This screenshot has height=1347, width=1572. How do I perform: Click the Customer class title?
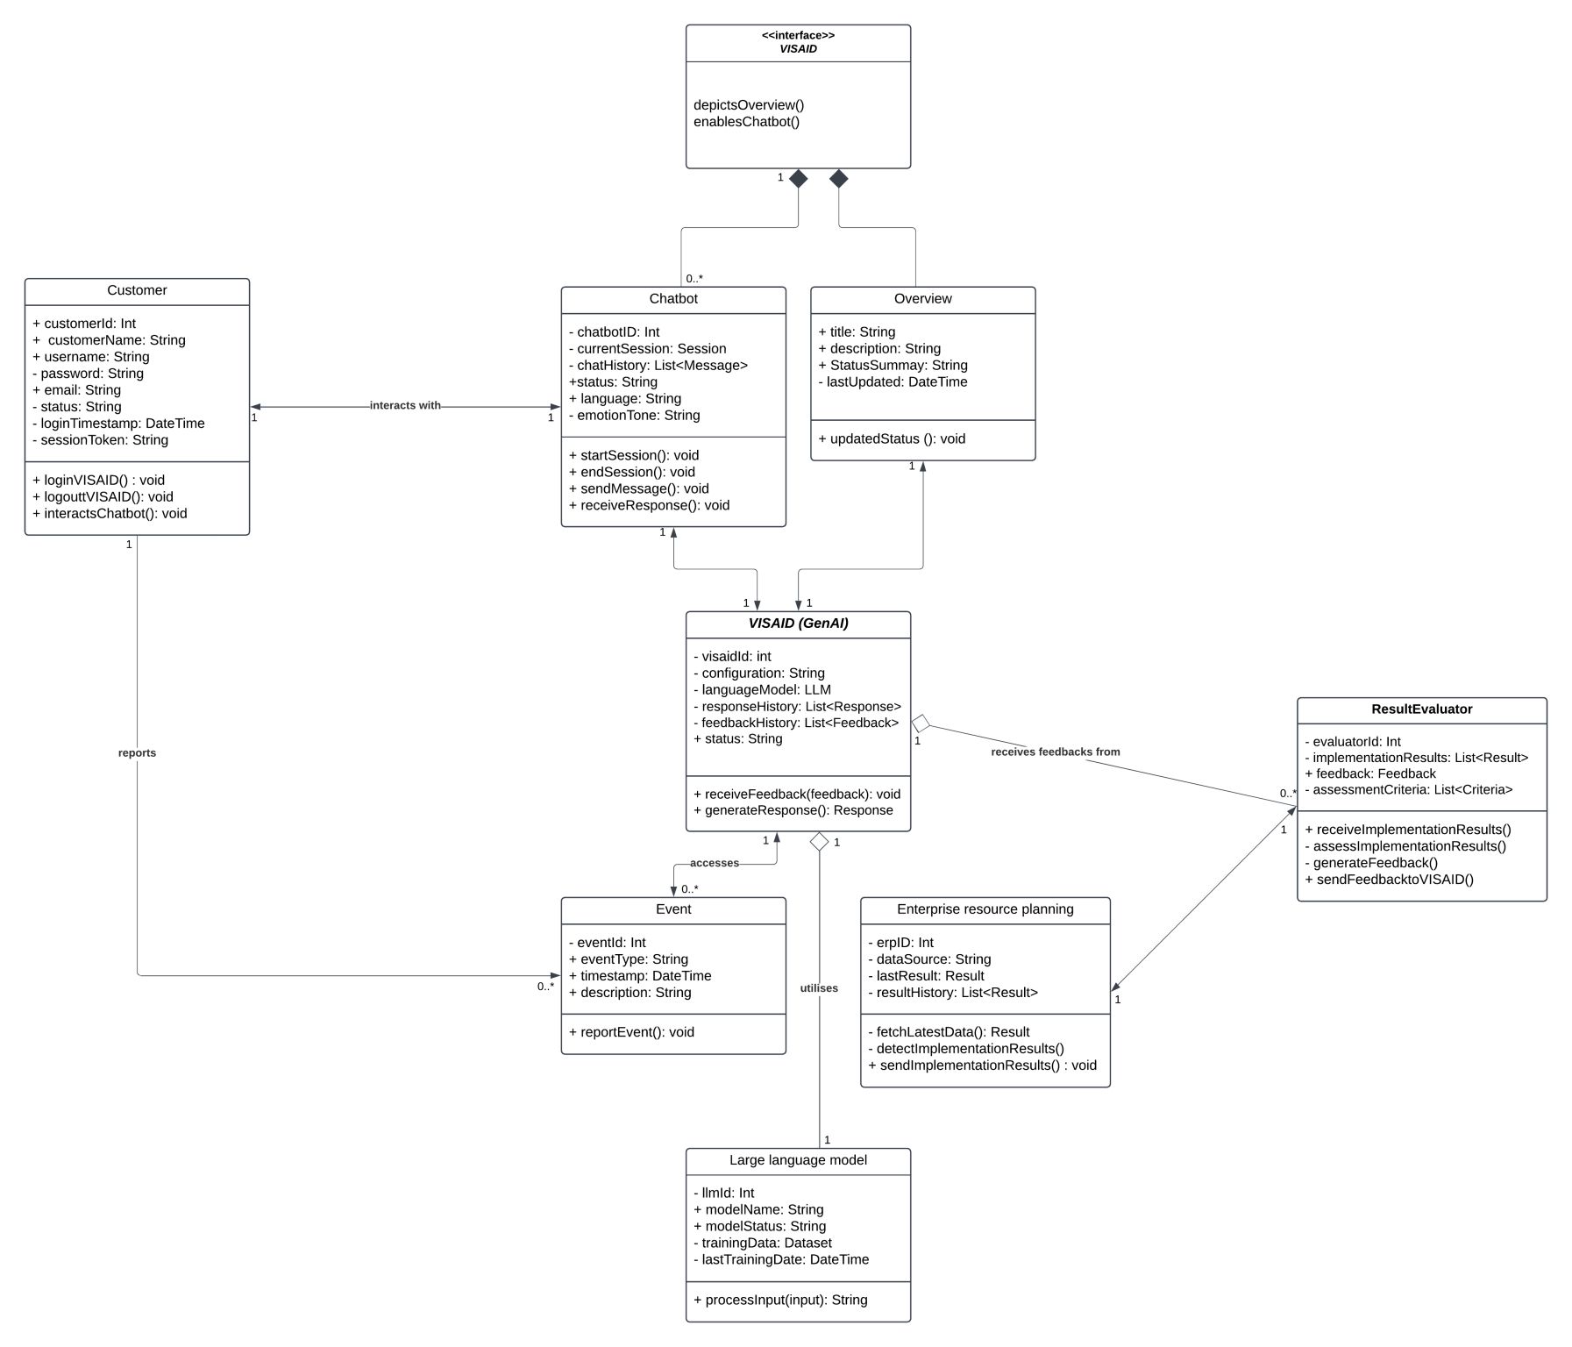coord(137,290)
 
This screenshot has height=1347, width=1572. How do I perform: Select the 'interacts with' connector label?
coord(405,405)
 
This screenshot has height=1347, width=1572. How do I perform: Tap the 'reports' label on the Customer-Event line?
coord(137,752)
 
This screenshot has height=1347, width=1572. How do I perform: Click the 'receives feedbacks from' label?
coord(1055,752)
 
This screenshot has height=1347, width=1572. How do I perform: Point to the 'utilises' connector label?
coord(819,987)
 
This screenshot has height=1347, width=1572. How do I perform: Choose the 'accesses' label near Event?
coord(714,863)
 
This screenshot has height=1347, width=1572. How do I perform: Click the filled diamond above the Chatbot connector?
coord(798,179)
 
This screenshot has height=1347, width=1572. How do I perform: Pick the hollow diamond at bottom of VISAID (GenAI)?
coord(819,842)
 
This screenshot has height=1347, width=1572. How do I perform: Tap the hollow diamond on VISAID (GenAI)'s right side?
coord(921,723)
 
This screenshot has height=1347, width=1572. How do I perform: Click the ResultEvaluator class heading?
coord(1421,709)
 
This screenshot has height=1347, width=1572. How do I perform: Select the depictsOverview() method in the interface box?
coord(749,104)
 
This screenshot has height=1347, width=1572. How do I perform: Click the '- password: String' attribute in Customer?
coord(88,373)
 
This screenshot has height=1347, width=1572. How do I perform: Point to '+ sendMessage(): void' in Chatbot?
coord(638,488)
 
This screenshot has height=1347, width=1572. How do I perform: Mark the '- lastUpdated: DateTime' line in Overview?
coord(893,381)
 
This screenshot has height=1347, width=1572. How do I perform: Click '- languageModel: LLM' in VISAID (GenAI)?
coord(762,689)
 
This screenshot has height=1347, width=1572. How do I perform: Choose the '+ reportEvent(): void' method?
coord(631,1031)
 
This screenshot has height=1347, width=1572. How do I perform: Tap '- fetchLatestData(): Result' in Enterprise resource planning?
coord(949,1031)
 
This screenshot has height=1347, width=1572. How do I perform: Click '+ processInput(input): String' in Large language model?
coord(780,1300)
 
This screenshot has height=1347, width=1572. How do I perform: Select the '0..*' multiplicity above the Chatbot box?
coord(694,278)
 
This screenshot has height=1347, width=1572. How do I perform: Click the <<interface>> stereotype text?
coord(798,35)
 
